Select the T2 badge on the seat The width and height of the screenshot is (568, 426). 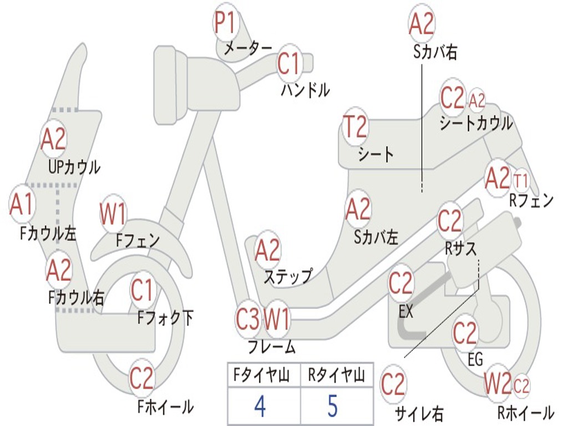point(355,128)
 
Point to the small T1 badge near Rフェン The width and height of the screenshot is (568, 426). point(521,181)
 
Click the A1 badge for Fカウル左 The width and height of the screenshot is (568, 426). point(22,204)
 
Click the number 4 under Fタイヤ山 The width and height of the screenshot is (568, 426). point(260,406)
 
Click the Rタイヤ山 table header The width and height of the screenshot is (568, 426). point(336,376)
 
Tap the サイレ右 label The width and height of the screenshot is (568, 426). point(419,413)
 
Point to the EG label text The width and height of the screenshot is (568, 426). point(475,359)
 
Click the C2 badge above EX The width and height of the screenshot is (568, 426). point(400,283)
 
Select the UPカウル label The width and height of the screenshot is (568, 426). point(74,166)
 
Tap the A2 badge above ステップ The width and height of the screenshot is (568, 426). point(267,251)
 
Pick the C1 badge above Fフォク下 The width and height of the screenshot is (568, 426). point(143,291)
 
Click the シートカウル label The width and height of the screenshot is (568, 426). point(476,123)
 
